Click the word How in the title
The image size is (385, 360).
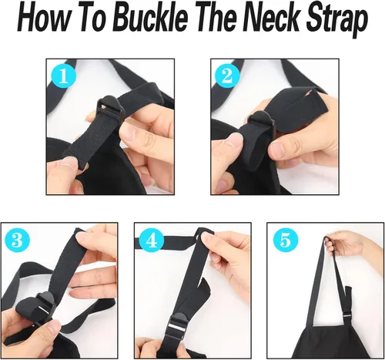coord(45,20)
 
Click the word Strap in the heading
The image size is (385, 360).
coord(337,21)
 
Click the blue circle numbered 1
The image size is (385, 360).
coord(64,76)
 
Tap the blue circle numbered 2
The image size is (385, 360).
coord(227,76)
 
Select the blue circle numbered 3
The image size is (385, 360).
coord(18,241)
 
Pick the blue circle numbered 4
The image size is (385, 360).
coord(152,241)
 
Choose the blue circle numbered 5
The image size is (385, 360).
coord(286,241)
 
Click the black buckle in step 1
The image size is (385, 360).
coord(110,108)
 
